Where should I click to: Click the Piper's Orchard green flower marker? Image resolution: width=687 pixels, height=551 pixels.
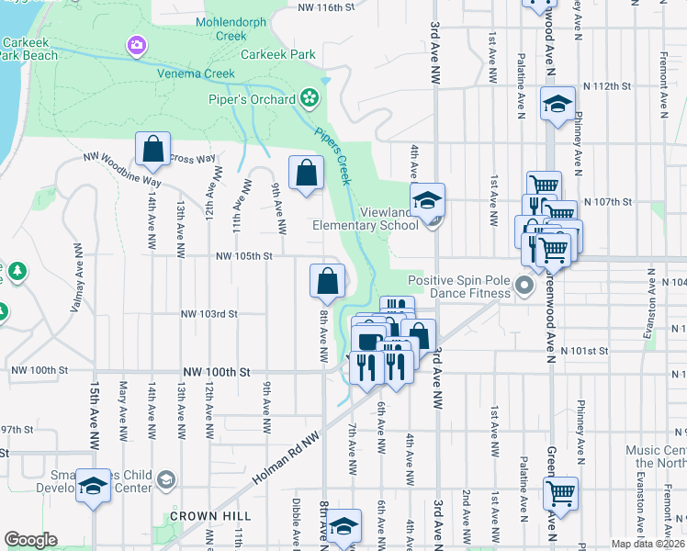tap(309, 96)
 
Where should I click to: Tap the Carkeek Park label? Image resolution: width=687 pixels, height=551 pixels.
tap(278, 54)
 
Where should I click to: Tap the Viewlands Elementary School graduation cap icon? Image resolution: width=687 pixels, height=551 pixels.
tap(428, 199)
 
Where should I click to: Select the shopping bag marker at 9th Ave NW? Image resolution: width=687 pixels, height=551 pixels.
tap(307, 172)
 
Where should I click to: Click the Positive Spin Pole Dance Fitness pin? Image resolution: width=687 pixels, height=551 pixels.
tap(524, 287)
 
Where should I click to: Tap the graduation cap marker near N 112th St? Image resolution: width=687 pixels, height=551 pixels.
tap(557, 104)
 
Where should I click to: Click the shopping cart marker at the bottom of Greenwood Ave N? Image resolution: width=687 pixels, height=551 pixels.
tap(560, 493)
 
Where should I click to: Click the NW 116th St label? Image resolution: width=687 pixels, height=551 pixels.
tap(327, 7)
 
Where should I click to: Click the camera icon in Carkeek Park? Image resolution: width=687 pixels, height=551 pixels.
tap(137, 44)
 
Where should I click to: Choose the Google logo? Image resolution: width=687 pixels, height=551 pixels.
tap(31, 540)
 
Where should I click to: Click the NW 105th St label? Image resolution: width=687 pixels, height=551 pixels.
tap(243, 258)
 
